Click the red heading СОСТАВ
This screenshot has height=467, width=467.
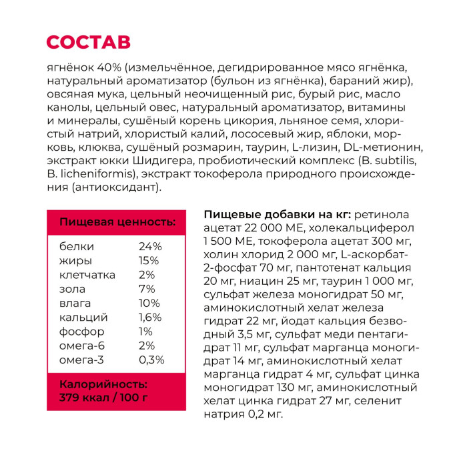coord(89,42)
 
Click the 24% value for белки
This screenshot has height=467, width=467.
coord(150,246)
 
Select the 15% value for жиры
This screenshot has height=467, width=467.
coord(149,260)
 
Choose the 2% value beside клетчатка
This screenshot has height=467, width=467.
coord(147,275)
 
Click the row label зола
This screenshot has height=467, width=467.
coord(73,289)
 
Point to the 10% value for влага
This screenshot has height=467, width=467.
coord(149,303)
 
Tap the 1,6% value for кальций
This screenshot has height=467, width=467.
coord(150,318)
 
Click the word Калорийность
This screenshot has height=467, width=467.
coord(103,385)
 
